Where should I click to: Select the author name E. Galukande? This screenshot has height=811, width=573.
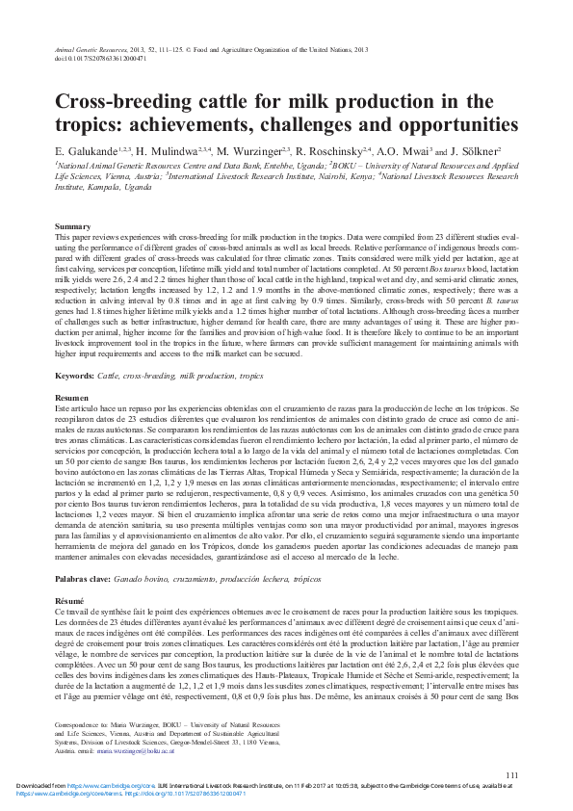coord(87,151)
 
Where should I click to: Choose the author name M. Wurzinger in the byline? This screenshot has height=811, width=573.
coord(246,151)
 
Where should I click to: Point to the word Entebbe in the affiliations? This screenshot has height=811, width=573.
coord(273,165)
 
